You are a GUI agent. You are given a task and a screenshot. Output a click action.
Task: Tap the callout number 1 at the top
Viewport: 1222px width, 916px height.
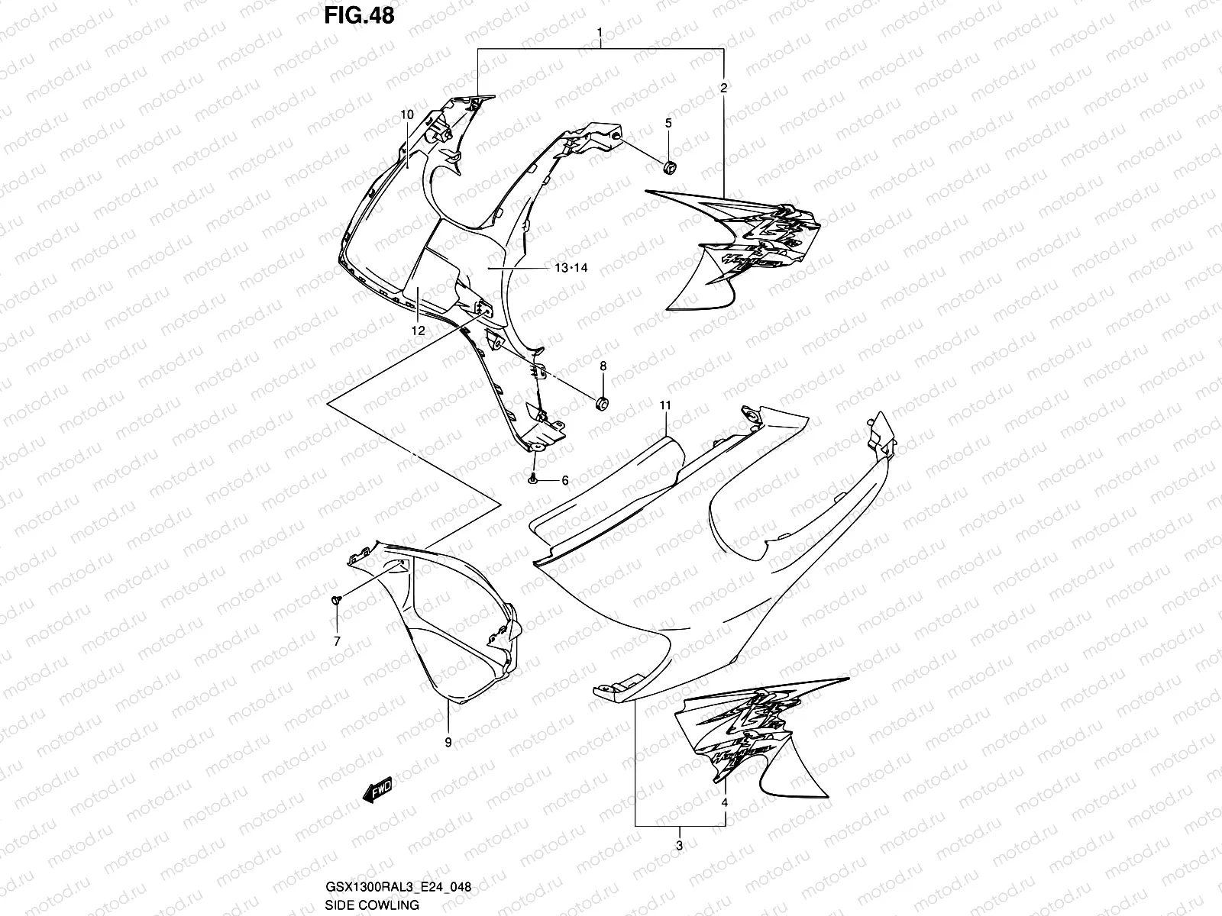pos(600,33)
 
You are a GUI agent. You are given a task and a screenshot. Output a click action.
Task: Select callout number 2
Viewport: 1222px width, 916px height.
pos(724,88)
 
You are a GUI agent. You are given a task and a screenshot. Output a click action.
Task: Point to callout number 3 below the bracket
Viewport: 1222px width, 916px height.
pos(679,844)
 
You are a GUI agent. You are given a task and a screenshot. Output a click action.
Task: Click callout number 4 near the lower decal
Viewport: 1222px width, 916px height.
pos(724,802)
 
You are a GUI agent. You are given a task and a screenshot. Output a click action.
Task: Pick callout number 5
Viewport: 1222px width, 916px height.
pos(668,122)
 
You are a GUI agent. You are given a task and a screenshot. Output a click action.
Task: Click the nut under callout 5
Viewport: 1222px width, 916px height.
pos(670,166)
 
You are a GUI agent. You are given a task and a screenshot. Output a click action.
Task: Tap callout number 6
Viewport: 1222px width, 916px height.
pos(565,480)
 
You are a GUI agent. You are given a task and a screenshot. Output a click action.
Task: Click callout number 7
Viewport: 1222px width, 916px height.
pos(336,641)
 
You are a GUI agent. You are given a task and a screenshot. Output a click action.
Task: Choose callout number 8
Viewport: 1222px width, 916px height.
pos(603,366)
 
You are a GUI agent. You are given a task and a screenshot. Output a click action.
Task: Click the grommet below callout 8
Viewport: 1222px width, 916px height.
pos(603,402)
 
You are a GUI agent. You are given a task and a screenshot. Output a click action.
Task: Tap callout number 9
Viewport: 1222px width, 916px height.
pos(448,741)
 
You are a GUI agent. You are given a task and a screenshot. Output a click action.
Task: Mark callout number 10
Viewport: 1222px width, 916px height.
pos(406,114)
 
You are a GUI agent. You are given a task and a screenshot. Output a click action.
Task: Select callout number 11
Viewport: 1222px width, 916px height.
pos(665,405)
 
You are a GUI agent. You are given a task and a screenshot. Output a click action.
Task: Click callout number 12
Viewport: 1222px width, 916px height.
pos(417,331)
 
